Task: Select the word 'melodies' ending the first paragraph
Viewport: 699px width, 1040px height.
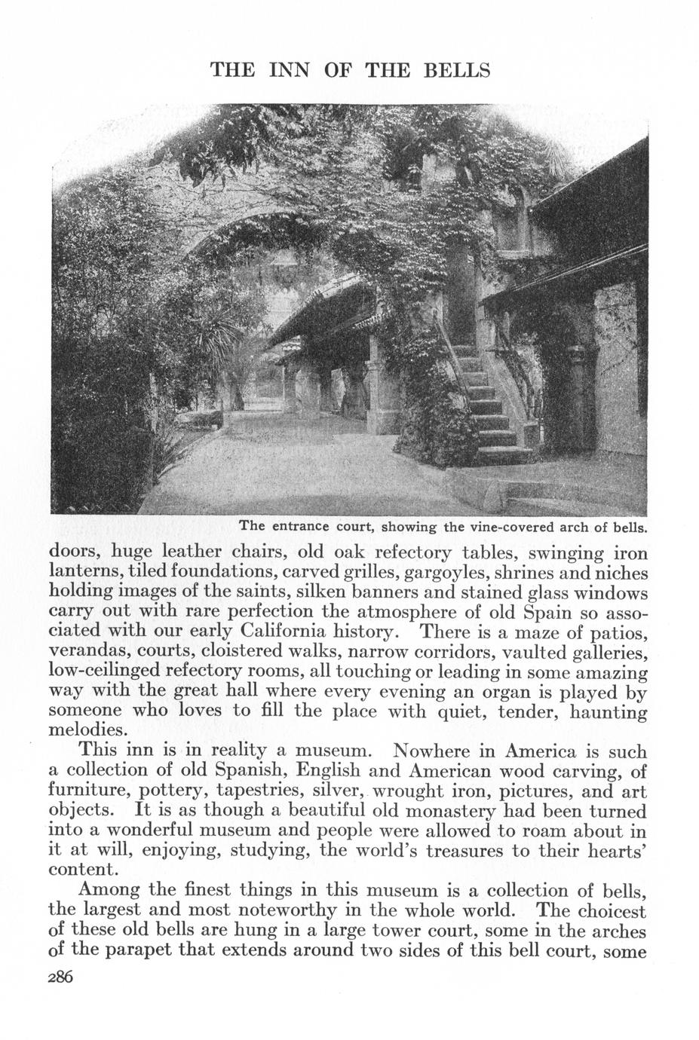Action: (x=84, y=730)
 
